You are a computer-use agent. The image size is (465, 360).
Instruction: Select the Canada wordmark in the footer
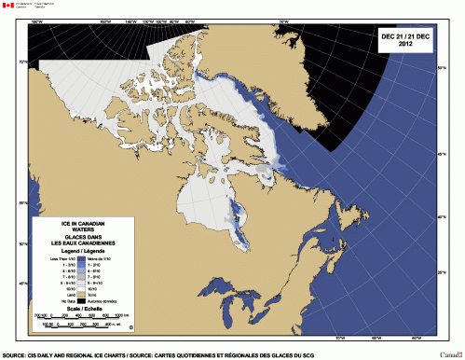[450, 354]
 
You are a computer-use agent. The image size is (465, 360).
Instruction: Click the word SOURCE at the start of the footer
[15, 354]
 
